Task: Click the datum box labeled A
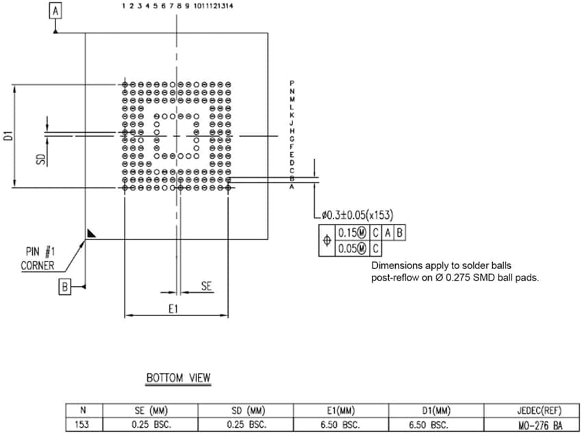55,11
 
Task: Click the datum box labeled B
65,287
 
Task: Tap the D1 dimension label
9,135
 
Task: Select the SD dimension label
42,159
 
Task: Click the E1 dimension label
173,309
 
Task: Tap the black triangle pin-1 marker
92,233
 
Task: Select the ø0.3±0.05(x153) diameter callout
357,216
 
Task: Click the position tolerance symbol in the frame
327,241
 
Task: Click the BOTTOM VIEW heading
179,377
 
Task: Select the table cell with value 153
83,424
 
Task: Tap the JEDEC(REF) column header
531,411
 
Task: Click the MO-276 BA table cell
531,424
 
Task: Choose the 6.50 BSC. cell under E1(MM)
340,424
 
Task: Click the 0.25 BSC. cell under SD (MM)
246,424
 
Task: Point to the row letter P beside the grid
292,83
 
